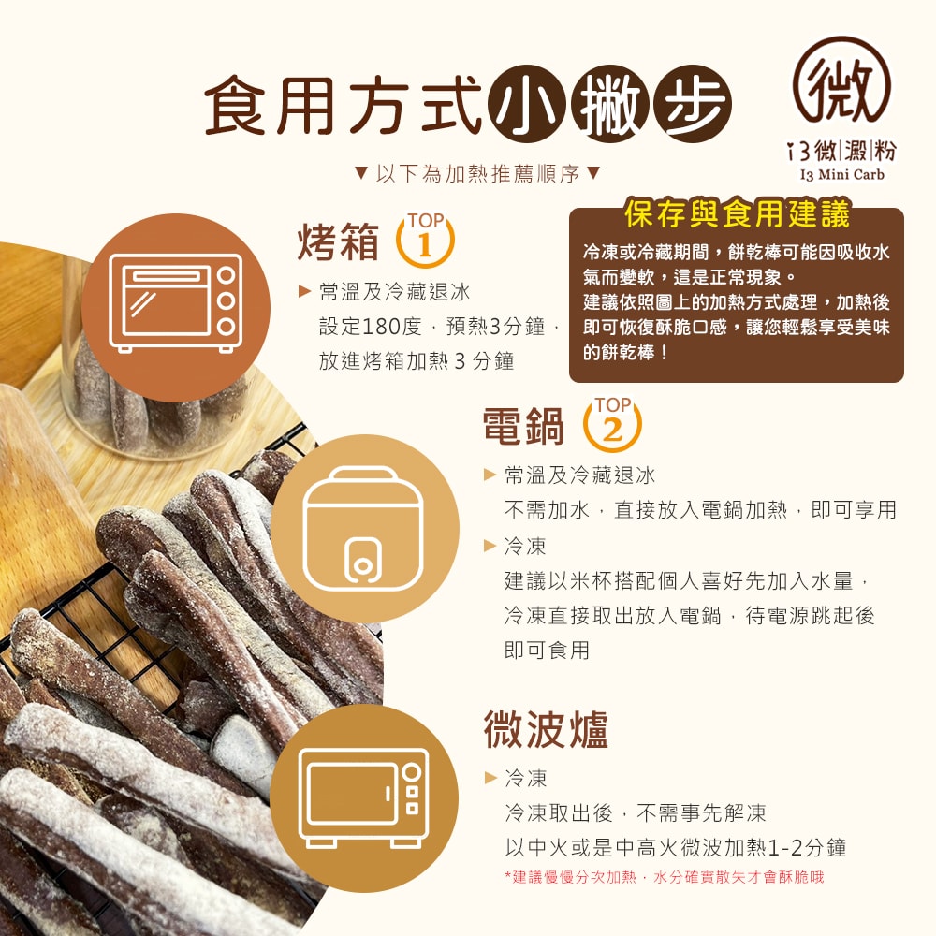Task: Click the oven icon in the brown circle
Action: coord(175,301)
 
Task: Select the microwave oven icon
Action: coord(364,797)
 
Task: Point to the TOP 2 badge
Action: coord(612,423)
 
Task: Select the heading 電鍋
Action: coord(524,427)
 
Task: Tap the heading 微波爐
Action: coord(546,729)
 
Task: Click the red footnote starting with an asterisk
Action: coord(664,877)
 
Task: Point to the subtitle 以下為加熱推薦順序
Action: coord(477,174)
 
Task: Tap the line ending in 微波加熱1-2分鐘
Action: coord(675,847)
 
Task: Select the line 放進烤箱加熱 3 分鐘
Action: coord(417,361)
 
